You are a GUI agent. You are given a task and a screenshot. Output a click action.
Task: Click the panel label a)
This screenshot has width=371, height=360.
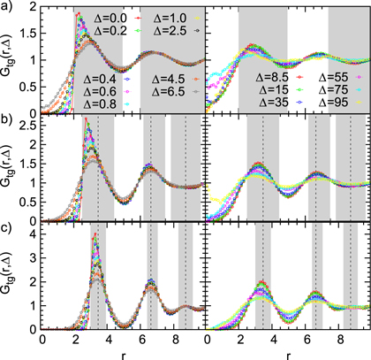pyautogui.click(x=8, y=7)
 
